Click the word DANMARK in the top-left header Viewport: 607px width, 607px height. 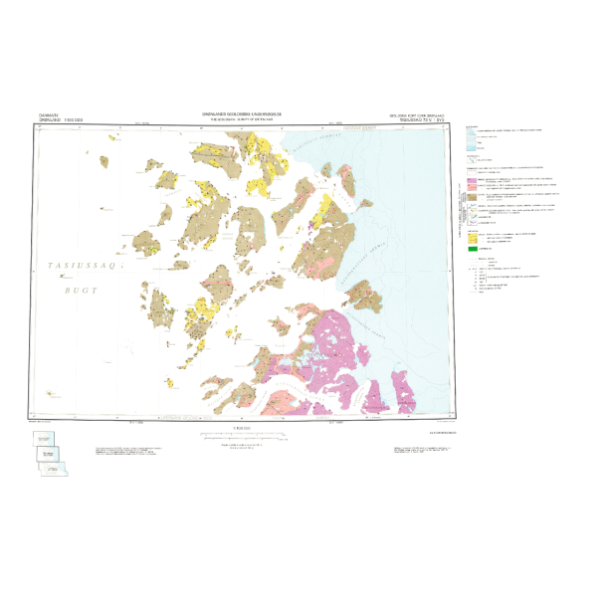[49, 114]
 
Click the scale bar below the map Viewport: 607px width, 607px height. [242, 435]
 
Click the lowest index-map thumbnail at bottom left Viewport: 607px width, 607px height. [52, 469]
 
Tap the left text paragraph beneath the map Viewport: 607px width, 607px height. [129, 452]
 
